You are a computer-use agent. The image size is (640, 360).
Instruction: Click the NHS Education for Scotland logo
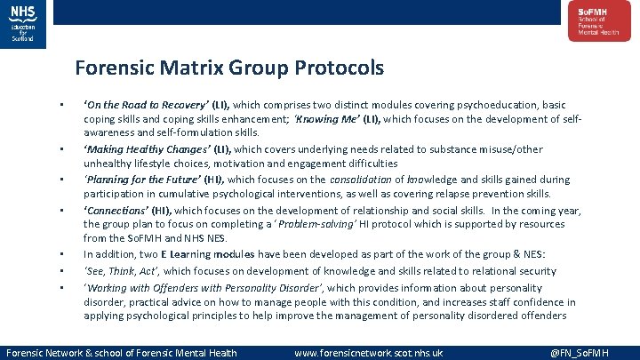(x=23, y=22)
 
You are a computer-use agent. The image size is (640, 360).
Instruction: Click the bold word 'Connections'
(x=116, y=210)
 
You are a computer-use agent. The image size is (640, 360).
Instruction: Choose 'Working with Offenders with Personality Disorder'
(x=204, y=287)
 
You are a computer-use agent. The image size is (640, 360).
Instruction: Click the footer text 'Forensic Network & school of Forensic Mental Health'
(x=122, y=353)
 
